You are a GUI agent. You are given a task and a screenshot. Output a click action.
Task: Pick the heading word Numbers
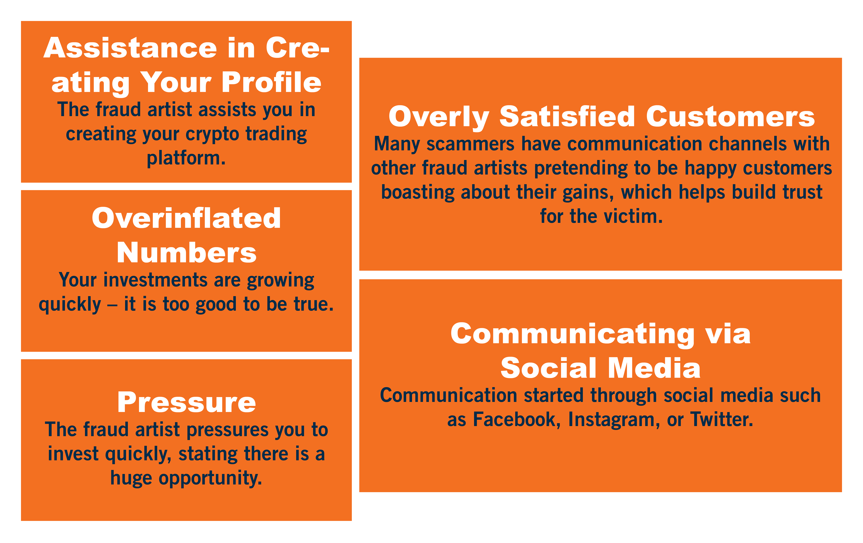tap(186, 253)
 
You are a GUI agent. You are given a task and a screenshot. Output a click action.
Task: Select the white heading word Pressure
tap(186, 402)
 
